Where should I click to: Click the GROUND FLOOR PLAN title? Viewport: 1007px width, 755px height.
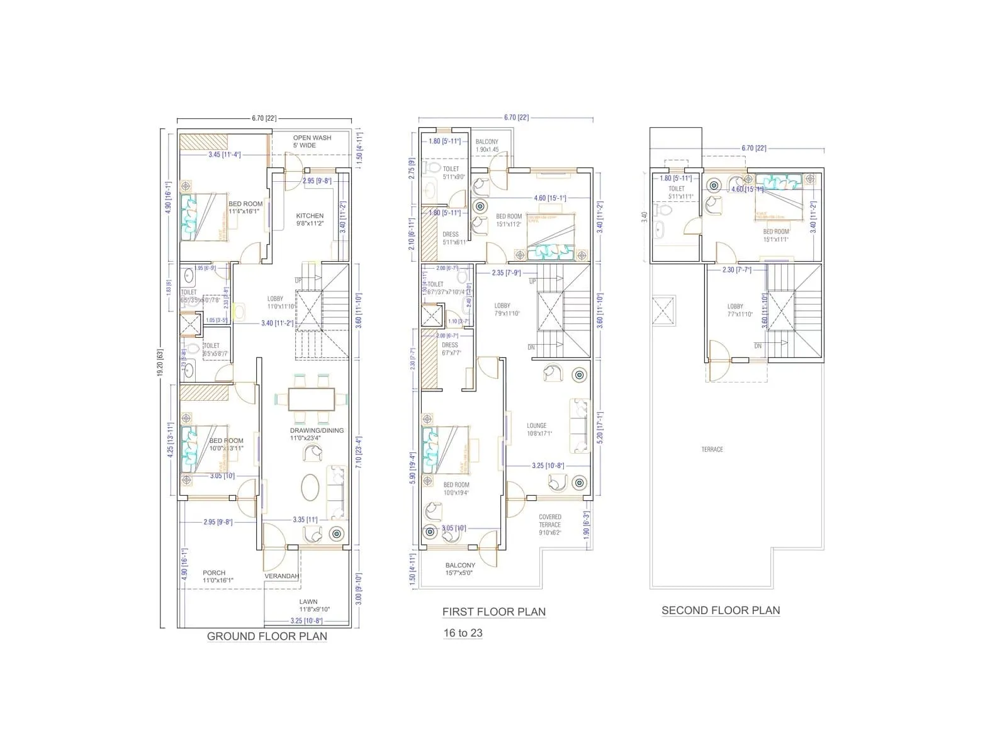[267, 636]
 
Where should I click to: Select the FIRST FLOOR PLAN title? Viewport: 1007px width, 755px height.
[493, 612]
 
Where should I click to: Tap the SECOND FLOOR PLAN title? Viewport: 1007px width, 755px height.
[721, 610]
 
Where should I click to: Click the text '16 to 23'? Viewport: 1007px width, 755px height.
[463, 633]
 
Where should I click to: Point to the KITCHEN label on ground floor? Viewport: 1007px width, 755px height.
[310, 216]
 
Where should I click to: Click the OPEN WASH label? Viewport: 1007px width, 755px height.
[312, 138]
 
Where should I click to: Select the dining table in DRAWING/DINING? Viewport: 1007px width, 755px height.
[312, 399]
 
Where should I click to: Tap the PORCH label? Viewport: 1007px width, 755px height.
[214, 573]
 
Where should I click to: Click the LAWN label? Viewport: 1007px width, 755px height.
[308, 601]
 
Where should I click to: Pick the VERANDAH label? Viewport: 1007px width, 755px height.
[281, 576]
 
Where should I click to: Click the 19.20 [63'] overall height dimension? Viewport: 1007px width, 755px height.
[160, 371]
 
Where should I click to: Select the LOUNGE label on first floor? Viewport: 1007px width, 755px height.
[536, 426]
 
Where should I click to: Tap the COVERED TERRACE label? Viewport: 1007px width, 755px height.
[549, 521]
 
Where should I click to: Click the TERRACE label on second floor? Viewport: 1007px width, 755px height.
[712, 449]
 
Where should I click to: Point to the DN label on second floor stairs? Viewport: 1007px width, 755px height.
[758, 346]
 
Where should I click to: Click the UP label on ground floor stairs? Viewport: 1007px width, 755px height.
[298, 281]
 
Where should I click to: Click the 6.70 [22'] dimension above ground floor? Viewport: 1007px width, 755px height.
[264, 118]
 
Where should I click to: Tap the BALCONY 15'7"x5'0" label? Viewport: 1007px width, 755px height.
[460, 569]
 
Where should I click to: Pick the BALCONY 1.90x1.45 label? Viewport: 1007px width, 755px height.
[487, 145]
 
